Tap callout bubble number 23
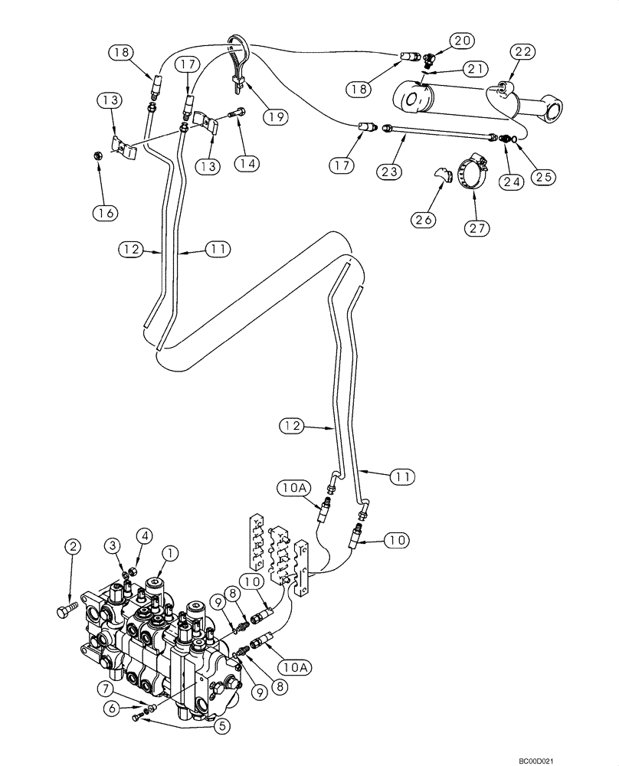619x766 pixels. (x=388, y=172)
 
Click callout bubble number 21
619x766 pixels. (x=475, y=70)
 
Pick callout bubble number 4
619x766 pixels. (x=143, y=535)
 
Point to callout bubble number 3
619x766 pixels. (x=114, y=545)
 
